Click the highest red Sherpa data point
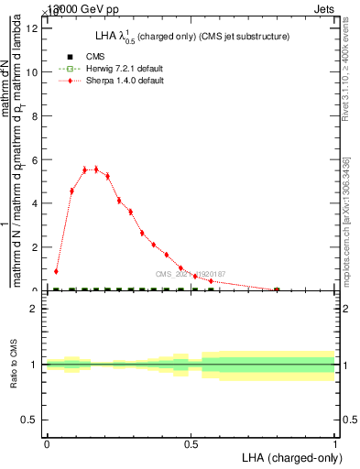pos(95,169)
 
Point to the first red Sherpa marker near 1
pos(56,271)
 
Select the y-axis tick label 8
pos(35,115)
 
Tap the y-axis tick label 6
pos(35,159)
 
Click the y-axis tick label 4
pos(35,203)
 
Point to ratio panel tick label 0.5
pos(30,420)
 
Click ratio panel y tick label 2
pos(35,309)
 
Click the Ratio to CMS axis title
pos(14,365)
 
